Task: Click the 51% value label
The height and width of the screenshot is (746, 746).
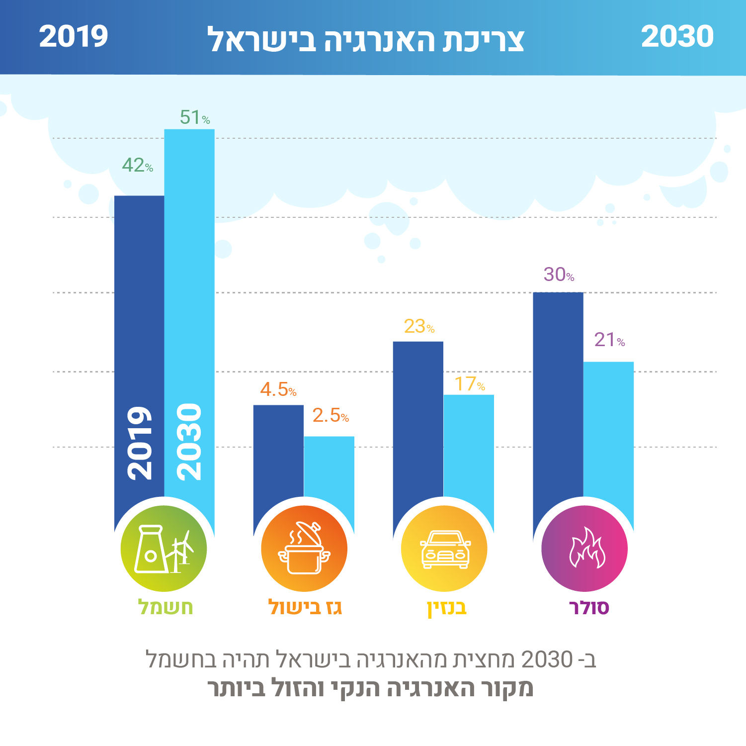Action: pyautogui.click(x=194, y=118)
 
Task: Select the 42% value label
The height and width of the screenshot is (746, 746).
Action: pyautogui.click(x=137, y=166)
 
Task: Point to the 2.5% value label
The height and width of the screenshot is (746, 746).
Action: pyautogui.click(x=331, y=416)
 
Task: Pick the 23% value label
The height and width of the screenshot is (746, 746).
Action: pyautogui.click(x=419, y=327)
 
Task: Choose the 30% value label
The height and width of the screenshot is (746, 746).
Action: pyautogui.click(x=559, y=275)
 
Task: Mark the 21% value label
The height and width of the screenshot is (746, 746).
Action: pyautogui.click(x=609, y=340)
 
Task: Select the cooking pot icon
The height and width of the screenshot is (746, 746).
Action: pyautogui.click(x=304, y=549)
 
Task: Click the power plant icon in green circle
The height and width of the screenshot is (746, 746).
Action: pyautogui.click(x=164, y=549)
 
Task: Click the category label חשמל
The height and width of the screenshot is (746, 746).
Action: pyautogui.click(x=166, y=607)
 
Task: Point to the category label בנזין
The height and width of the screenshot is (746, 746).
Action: pyautogui.click(x=447, y=608)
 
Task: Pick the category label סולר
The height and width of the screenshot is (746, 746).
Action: pyautogui.click(x=589, y=607)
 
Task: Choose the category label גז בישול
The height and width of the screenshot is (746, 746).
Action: pyautogui.click(x=305, y=607)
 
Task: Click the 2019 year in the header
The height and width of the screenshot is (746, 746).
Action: pyautogui.click(x=74, y=37)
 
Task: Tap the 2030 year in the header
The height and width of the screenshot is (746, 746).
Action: pyautogui.click(x=677, y=37)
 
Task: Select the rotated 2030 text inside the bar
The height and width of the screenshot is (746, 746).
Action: pyautogui.click(x=189, y=442)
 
